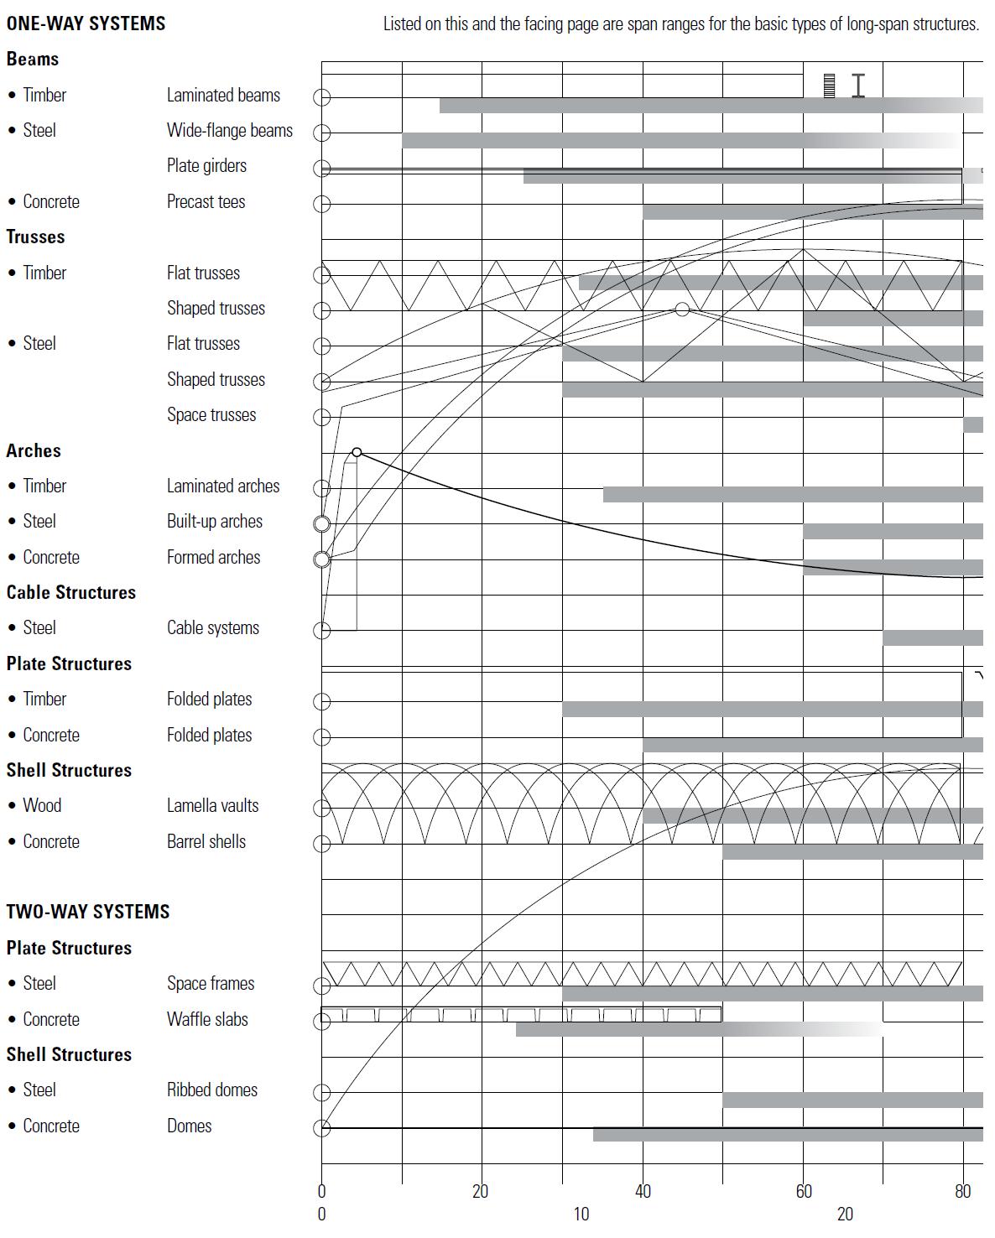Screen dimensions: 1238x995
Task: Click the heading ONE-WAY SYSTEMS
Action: (86, 23)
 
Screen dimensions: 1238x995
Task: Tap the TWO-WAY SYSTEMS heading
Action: (88, 912)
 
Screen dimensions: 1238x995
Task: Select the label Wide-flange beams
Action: (229, 131)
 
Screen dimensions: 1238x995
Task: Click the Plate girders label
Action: (206, 166)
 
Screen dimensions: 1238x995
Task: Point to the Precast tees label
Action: (206, 202)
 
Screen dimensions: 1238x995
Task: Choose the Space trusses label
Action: (211, 415)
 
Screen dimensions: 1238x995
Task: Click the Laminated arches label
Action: (222, 486)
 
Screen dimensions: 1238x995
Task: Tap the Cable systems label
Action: (212, 628)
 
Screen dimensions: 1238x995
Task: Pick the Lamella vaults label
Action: (212, 806)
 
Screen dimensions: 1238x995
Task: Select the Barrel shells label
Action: (206, 842)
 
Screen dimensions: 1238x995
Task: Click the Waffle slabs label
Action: (207, 1020)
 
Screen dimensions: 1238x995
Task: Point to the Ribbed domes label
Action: (211, 1090)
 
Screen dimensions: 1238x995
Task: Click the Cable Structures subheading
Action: (70, 593)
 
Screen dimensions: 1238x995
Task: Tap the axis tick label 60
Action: (804, 1192)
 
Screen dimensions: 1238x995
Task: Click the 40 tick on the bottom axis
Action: (643, 1192)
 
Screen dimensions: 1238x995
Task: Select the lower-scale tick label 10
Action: (581, 1214)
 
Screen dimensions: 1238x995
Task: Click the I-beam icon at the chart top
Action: (857, 86)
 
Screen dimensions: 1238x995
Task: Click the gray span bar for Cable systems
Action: (932, 638)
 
